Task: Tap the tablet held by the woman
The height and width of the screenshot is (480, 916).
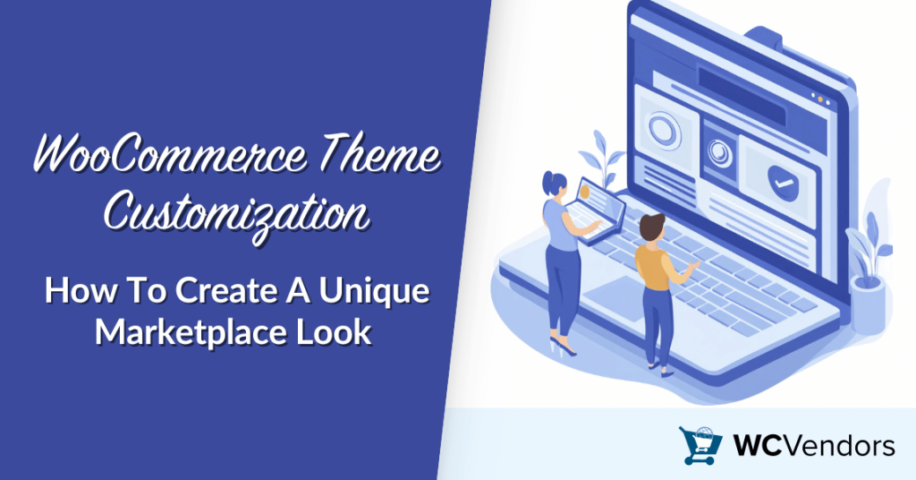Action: [x=594, y=201]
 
